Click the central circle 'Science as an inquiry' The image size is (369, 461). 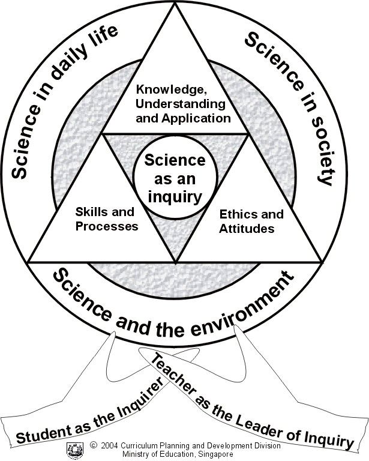[174, 178]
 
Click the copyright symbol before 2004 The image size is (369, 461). [94, 445]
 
